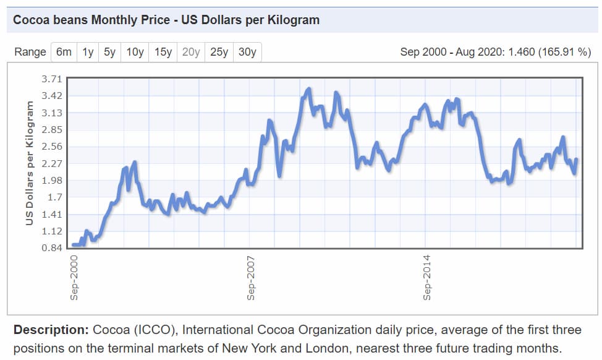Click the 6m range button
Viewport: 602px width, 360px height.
point(64,52)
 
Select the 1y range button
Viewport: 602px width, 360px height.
point(88,52)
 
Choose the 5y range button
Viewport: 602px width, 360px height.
point(109,52)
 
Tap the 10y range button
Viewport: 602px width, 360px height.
point(135,52)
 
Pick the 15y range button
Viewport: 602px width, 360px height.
point(163,52)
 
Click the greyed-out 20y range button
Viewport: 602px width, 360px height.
point(191,52)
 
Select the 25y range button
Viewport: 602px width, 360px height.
point(219,52)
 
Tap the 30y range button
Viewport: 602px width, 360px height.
point(247,52)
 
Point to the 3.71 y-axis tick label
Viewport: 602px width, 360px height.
point(52,79)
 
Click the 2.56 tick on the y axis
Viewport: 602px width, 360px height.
point(52,147)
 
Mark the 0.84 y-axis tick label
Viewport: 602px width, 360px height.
point(52,248)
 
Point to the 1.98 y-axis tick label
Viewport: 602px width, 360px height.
point(52,181)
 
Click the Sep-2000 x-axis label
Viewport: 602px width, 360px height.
point(74,277)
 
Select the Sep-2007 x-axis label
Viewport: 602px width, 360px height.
point(250,277)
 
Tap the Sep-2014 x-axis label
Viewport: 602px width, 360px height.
point(426,277)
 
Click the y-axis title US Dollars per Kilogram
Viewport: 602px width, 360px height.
point(29,163)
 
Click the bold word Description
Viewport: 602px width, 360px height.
point(51,329)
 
